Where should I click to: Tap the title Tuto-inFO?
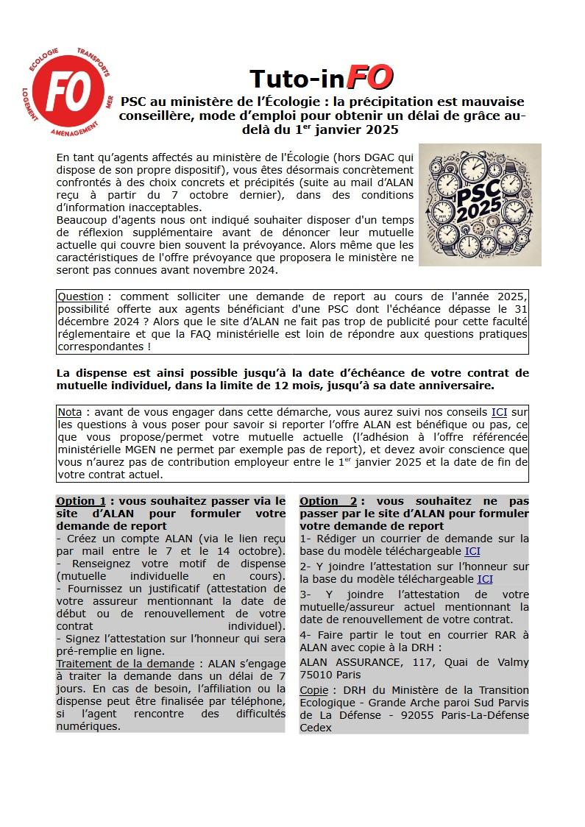coord(321,77)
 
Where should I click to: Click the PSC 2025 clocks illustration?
coord(480,205)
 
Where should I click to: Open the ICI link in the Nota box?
coord(499,412)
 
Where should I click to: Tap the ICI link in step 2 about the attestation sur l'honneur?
coord(485,579)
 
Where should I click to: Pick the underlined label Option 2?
coord(328,501)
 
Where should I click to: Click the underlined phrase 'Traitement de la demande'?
coord(125,664)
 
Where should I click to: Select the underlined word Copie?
coord(313,690)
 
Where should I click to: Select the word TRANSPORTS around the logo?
coord(96,64)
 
